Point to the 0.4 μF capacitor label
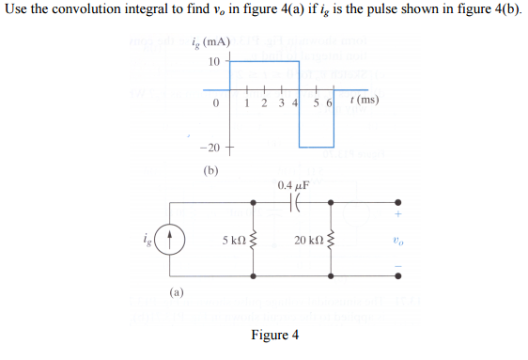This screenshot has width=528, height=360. tap(296, 186)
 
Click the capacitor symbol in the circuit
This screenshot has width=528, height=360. tap(296, 203)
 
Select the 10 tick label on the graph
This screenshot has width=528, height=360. tap(214, 61)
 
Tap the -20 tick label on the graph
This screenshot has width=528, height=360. tap(210, 149)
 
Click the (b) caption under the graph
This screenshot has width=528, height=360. tap(211, 171)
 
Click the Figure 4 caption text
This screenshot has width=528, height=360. tap(275, 336)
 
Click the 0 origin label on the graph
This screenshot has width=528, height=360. tap(216, 102)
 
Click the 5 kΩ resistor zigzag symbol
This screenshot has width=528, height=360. tap(255, 241)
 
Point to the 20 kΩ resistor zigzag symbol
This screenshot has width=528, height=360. tap(335, 241)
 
